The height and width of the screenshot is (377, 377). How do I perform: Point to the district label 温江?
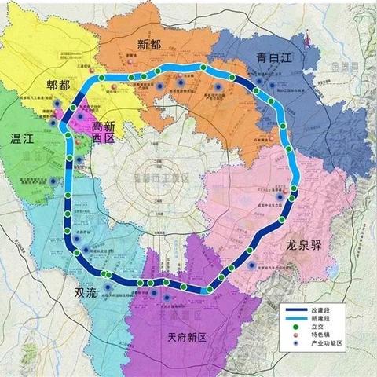(x=24, y=139)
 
